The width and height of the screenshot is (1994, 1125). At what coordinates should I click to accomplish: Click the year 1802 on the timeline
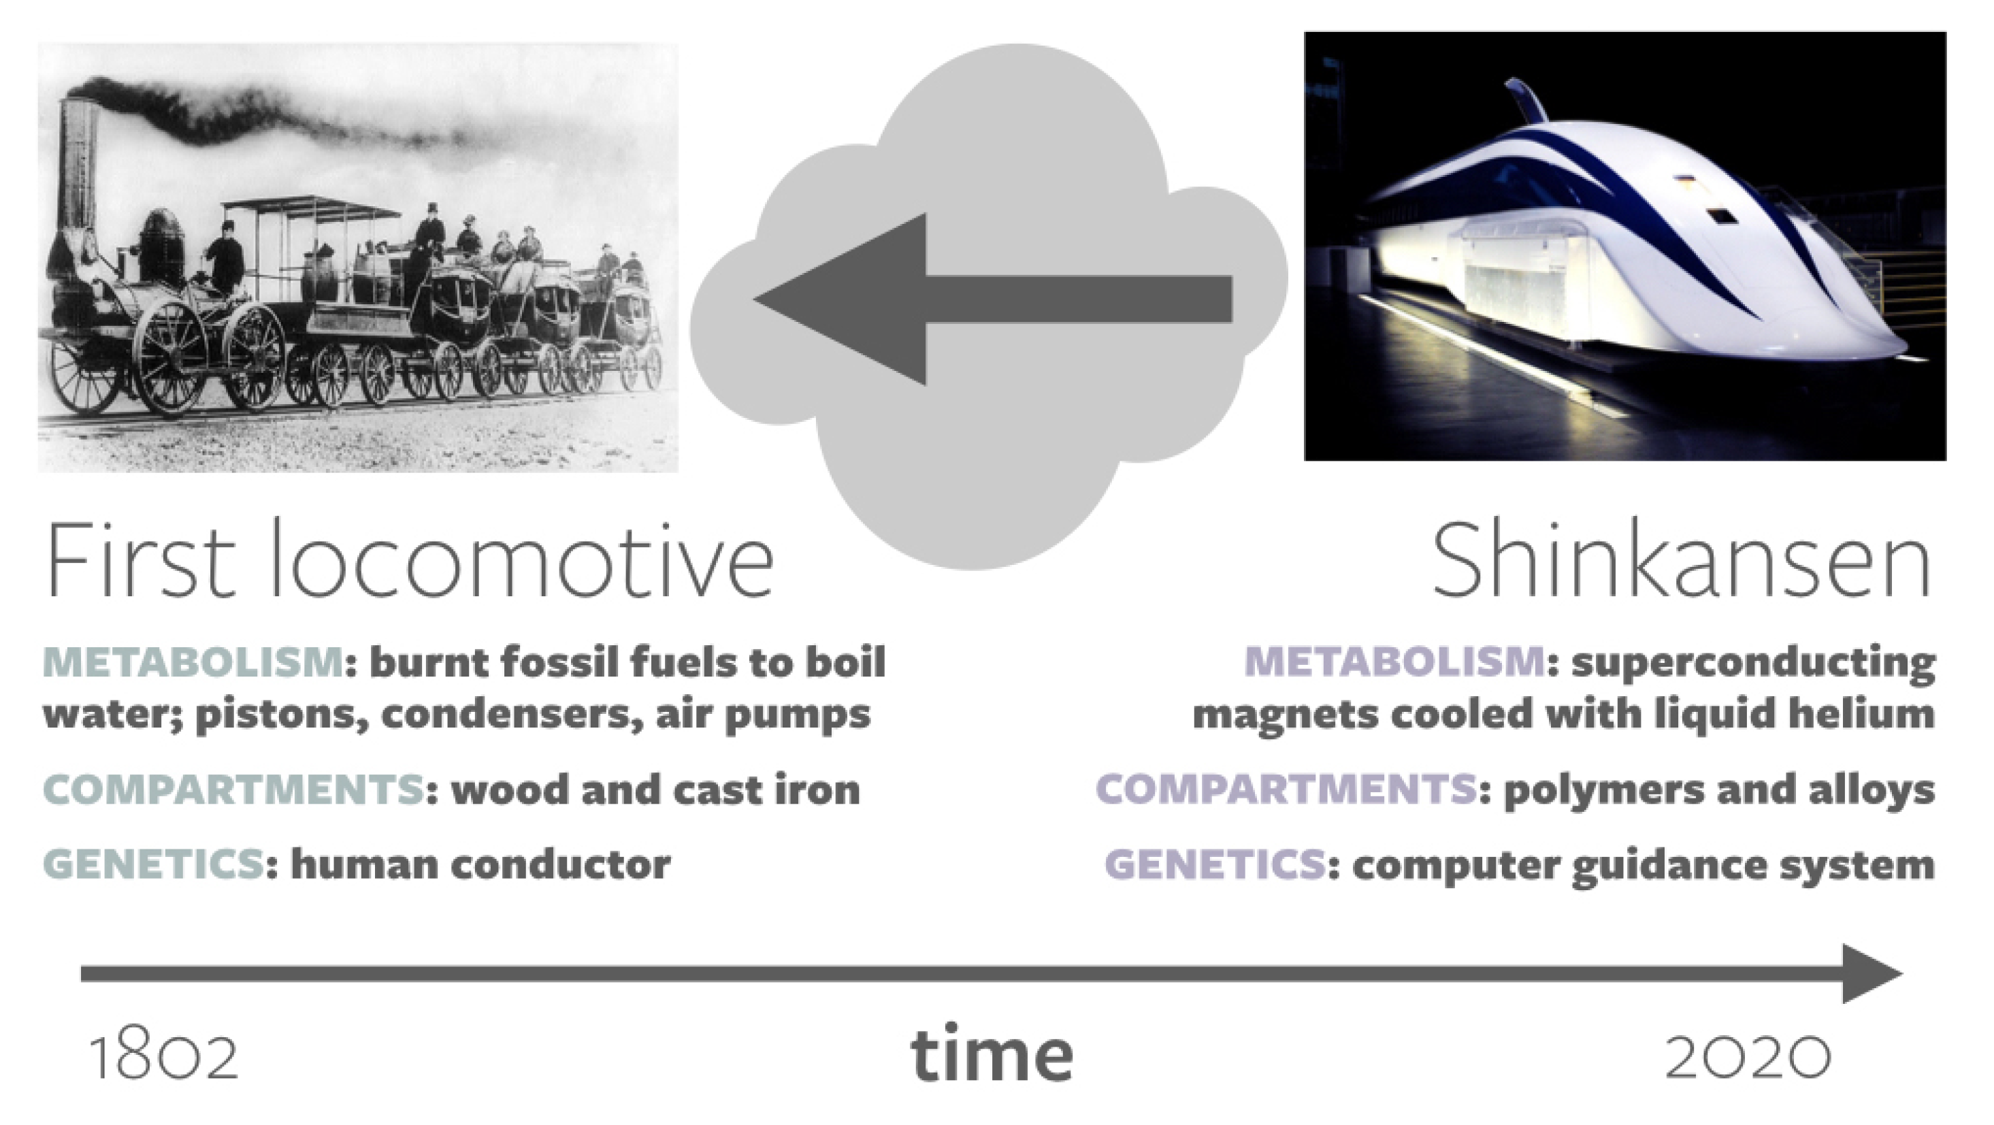pos(164,1057)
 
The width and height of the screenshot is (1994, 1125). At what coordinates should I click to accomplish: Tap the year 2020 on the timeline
pos(1748,1057)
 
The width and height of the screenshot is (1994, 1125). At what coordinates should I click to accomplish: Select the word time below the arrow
pos(992,1054)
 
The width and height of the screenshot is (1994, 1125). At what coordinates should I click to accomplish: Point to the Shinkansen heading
pos(1681,560)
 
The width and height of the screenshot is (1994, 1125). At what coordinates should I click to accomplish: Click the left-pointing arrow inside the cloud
pos(993,299)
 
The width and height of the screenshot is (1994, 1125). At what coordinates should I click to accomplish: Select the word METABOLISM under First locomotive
pos(193,662)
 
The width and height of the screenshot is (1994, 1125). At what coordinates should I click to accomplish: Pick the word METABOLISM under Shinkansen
pos(1395,662)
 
